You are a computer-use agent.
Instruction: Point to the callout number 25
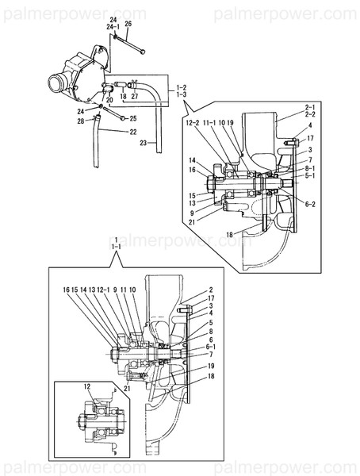(132, 118)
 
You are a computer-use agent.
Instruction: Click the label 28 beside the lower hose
(81, 121)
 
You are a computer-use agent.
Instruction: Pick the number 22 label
(132, 132)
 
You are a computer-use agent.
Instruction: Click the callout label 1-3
(182, 94)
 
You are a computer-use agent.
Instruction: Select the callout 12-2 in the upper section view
(193, 123)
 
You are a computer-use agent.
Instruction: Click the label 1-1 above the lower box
(117, 248)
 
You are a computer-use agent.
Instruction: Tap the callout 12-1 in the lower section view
(101, 290)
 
